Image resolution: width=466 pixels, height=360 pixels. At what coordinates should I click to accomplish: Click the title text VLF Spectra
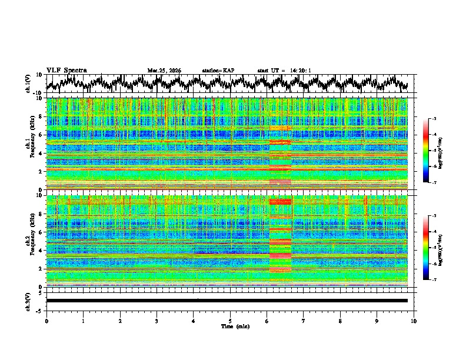66,70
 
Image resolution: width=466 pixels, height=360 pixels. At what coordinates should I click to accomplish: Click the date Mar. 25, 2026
164,71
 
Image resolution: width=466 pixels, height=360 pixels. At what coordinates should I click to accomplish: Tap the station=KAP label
218,71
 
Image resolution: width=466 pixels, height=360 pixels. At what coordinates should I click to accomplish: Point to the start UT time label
284,71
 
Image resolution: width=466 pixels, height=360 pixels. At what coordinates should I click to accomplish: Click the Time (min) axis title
230,326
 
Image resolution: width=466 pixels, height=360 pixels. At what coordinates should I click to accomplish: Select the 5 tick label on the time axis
230,321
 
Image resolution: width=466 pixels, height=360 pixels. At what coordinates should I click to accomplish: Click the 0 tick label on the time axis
46,321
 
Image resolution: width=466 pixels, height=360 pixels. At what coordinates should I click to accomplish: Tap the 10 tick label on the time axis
414,321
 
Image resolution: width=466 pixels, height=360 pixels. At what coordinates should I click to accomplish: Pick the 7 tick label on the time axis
304,321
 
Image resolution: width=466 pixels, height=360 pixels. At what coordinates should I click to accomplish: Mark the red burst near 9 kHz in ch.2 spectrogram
280,202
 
